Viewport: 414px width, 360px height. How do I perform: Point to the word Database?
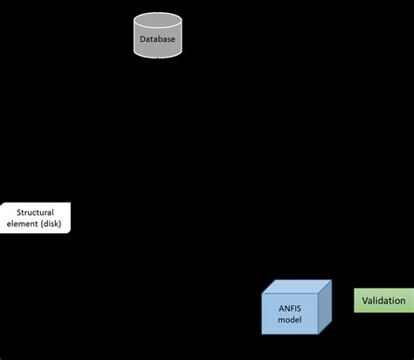point(158,39)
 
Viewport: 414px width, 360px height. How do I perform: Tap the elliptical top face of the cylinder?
point(158,19)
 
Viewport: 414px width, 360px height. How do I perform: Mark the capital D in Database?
point(142,39)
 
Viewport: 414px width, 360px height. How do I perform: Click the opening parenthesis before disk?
point(42,224)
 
